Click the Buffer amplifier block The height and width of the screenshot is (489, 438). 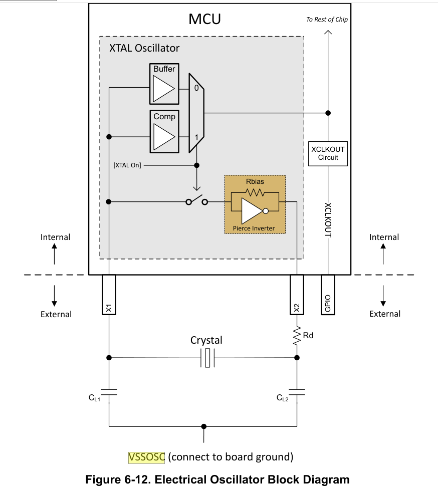164,84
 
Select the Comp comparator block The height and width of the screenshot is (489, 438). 164,131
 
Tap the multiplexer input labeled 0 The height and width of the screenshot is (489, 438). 196,88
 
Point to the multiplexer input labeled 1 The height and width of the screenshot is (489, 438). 196,137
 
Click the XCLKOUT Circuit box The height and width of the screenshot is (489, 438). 328,153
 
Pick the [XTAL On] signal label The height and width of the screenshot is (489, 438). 127,165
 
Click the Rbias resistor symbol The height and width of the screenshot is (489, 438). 255,193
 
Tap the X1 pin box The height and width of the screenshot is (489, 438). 109,295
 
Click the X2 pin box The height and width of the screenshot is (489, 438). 297,295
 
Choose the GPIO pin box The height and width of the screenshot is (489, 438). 328,295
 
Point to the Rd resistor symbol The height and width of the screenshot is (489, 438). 297,336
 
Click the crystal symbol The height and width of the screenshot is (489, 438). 207,358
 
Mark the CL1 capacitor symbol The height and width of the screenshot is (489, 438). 109,392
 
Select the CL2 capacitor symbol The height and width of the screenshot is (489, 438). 297,392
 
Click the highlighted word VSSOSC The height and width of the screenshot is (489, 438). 146,457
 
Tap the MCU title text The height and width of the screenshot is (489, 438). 204,19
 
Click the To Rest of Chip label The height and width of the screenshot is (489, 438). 327,20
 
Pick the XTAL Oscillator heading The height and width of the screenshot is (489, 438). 144,48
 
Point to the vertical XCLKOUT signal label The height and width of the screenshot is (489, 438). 328,220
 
